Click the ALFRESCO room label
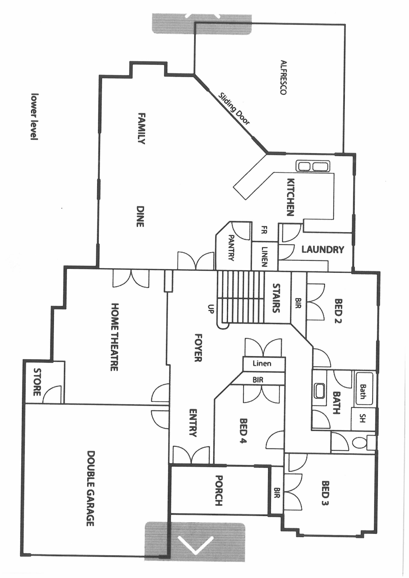[283, 77]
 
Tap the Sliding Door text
[234, 109]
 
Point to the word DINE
[140, 217]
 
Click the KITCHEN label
[290, 197]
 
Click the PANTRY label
[231, 248]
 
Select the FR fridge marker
[264, 230]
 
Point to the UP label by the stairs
[211, 309]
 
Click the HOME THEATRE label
[114, 337]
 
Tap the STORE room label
[37, 382]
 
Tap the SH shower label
[363, 418]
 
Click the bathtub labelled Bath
[363, 392]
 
